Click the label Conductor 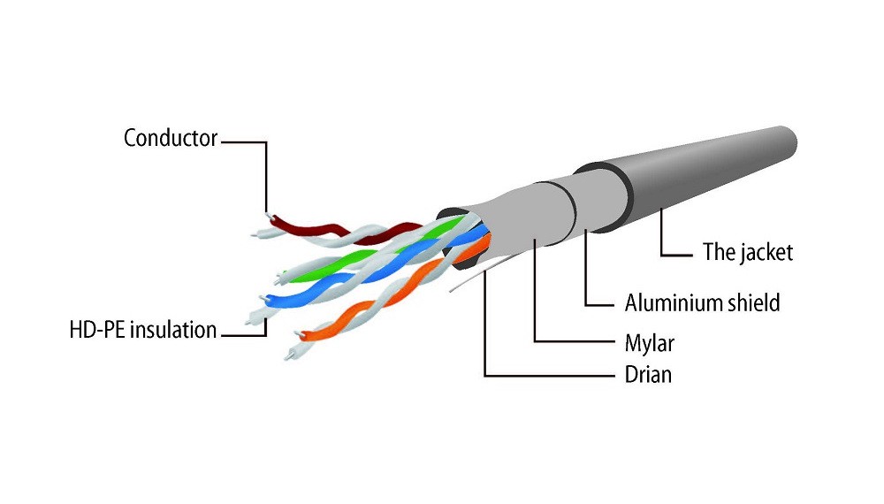170,139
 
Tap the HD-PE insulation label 142,331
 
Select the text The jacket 747,252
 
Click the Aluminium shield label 702,303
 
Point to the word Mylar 650,341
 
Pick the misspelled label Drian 648,375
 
